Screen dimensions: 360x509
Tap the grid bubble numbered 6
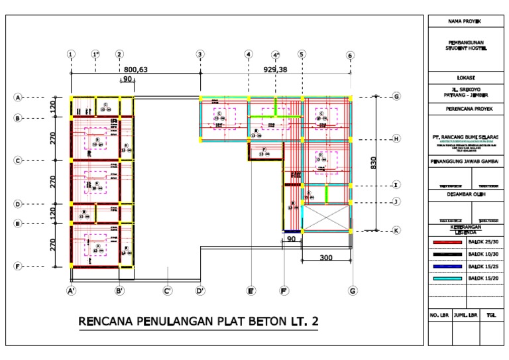[x=350, y=56]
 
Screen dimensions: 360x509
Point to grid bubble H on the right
[x=396, y=139]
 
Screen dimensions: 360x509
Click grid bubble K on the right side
[x=396, y=230]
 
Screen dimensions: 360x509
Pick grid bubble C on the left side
[x=19, y=160]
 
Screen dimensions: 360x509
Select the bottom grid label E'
[x=251, y=290]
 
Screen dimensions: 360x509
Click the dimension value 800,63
[x=135, y=69]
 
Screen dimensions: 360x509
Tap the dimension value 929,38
[x=275, y=69]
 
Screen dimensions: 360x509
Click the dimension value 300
[x=325, y=257]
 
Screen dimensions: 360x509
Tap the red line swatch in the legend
[x=447, y=243]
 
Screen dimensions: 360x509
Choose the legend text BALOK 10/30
[x=482, y=255]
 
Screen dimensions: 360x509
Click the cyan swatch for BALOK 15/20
[x=447, y=279]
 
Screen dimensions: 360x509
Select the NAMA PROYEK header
[x=464, y=22]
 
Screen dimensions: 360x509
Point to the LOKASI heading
[x=464, y=77]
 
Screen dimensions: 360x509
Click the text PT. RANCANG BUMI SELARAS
[x=465, y=137]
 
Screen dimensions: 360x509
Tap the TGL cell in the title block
[x=490, y=316]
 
